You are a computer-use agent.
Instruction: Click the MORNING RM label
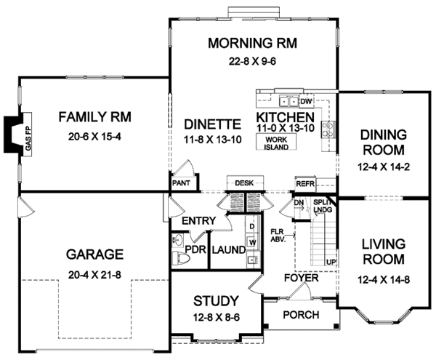point(253,42)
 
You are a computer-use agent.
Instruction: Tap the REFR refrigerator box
point(304,184)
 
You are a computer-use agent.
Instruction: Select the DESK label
point(243,183)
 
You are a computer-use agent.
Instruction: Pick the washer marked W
point(252,240)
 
